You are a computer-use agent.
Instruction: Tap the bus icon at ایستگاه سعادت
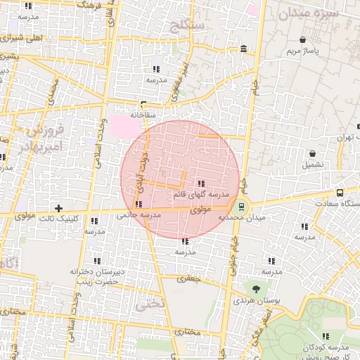click(340, 193)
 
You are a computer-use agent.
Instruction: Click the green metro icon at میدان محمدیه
click(242, 206)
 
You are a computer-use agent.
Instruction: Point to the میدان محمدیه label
click(242, 218)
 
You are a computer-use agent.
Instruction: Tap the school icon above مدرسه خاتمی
click(138, 205)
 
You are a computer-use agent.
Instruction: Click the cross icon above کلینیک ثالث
click(58, 208)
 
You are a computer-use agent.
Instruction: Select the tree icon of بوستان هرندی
click(255, 288)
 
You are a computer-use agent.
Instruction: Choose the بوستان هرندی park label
click(264, 300)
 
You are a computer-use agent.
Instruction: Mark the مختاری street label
click(188, 332)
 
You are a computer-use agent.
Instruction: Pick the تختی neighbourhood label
click(150, 305)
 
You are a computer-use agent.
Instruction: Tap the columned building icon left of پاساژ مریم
click(243, 49)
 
